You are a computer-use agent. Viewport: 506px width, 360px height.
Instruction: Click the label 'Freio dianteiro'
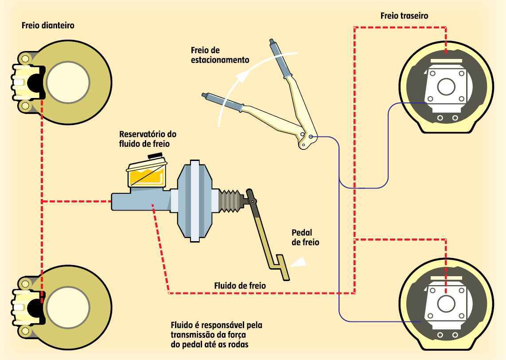48,26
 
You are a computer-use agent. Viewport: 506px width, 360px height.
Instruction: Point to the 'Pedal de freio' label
305,237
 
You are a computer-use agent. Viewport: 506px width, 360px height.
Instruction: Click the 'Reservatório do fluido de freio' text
145,138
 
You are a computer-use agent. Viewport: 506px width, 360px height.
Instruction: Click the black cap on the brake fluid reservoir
155,157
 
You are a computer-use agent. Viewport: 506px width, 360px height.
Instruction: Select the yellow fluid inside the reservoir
146,177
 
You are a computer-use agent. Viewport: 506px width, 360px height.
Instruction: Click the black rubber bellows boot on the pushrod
230,202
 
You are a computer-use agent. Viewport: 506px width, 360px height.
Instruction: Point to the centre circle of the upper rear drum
446,86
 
